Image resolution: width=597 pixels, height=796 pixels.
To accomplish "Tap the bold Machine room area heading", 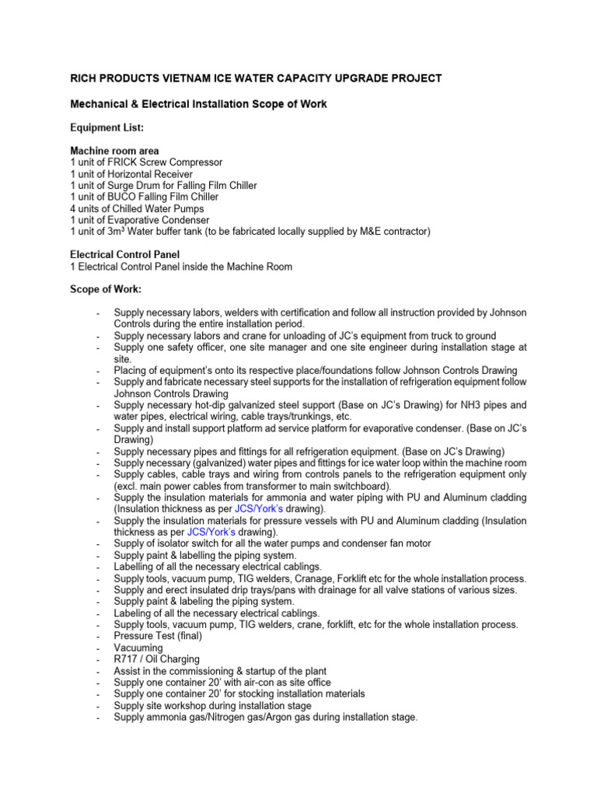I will pyautogui.click(x=114, y=151).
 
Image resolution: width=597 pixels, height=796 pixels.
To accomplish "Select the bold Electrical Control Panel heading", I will pyautogui.click(x=124, y=254).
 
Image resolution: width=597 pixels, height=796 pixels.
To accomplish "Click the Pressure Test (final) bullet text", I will pyautogui.click(x=158, y=636).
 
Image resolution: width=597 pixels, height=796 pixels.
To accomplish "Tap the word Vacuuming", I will pyautogui.click(x=138, y=648).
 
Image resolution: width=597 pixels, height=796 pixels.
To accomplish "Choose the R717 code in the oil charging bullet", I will pyautogui.click(x=127, y=659).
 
